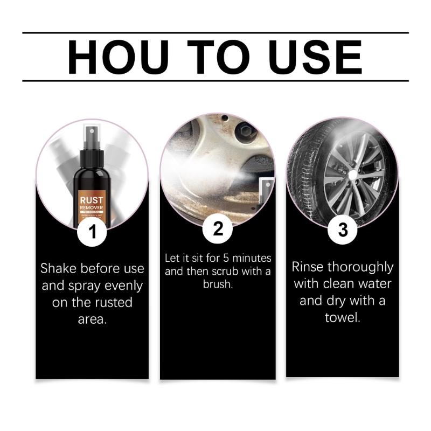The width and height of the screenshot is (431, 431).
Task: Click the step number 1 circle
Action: point(92,232)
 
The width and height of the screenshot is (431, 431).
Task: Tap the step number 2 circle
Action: point(218,229)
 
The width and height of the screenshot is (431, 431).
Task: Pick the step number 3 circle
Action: point(343,230)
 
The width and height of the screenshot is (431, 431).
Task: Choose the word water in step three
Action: point(374,283)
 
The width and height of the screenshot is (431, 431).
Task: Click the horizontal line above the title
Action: point(215,33)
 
